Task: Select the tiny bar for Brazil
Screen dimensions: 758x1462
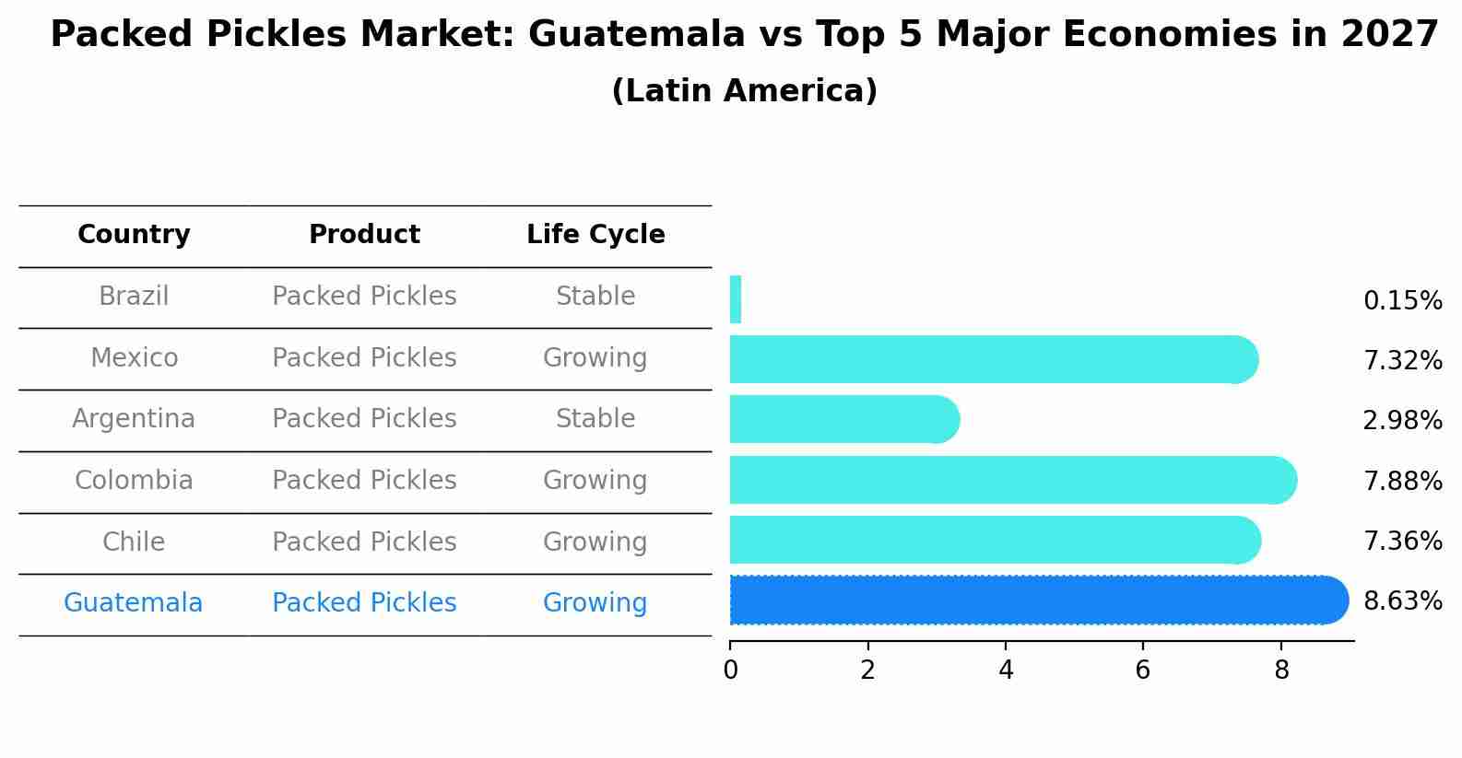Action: point(736,300)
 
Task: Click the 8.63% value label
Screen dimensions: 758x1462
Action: point(1402,601)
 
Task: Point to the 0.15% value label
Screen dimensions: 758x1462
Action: point(1402,301)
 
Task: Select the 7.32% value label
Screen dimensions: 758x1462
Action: point(1402,361)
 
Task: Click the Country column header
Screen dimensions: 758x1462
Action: point(134,235)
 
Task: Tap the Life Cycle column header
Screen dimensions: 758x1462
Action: point(595,235)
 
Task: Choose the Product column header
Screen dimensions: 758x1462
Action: point(364,235)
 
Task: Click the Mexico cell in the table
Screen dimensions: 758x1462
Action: point(134,357)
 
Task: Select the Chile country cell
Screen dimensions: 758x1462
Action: point(134,542)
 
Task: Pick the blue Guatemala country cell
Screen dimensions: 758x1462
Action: point(133,603)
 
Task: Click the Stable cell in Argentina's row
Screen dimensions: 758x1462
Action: point(595,419)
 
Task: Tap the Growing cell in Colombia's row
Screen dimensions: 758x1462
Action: point(595,481)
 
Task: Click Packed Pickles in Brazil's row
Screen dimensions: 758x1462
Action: point(364,297)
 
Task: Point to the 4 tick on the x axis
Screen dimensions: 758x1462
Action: point(1006,671)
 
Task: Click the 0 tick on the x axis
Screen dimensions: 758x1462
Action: point(730,671)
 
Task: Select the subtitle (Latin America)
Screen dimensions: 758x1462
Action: point(744,91)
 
